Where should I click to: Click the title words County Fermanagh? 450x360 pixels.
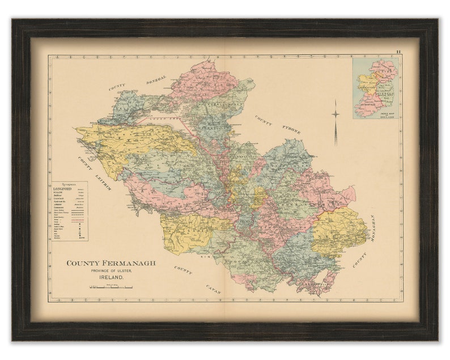(x=111, y=263)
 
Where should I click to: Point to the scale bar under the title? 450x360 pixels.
(x=111, y=287)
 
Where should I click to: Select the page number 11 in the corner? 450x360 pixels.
(x=398, y=52)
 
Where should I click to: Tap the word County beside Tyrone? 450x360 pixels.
(x=263, y=120)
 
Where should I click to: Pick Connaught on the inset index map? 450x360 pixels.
(x=366, y=88)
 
